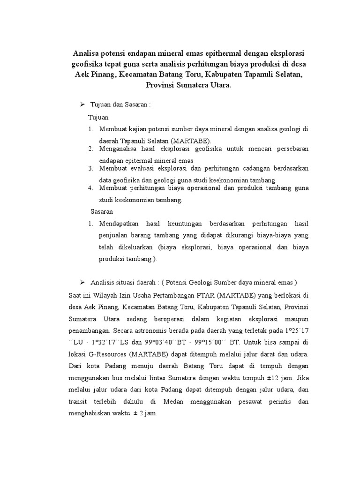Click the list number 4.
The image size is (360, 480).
click(x=90, y=188)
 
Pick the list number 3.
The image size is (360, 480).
click(x=90, y=168)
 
